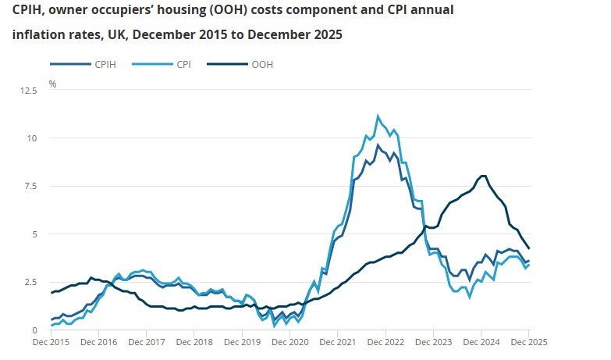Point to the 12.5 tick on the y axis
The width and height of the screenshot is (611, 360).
coord(30,91)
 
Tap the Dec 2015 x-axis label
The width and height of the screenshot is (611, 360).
coord(51,342)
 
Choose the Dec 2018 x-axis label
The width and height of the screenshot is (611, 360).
coord(194,342)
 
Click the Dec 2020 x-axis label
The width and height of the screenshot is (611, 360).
coord(290,342)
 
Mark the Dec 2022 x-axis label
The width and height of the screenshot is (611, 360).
coord(385,342)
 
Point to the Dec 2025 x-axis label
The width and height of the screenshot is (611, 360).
coord(528,342)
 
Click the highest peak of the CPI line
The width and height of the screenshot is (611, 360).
coord(378,116)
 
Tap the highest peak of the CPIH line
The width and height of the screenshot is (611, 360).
coord(378,145)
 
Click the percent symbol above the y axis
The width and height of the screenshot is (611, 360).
coord(53,83)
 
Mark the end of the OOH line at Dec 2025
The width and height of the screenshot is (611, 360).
coord(529,248)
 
